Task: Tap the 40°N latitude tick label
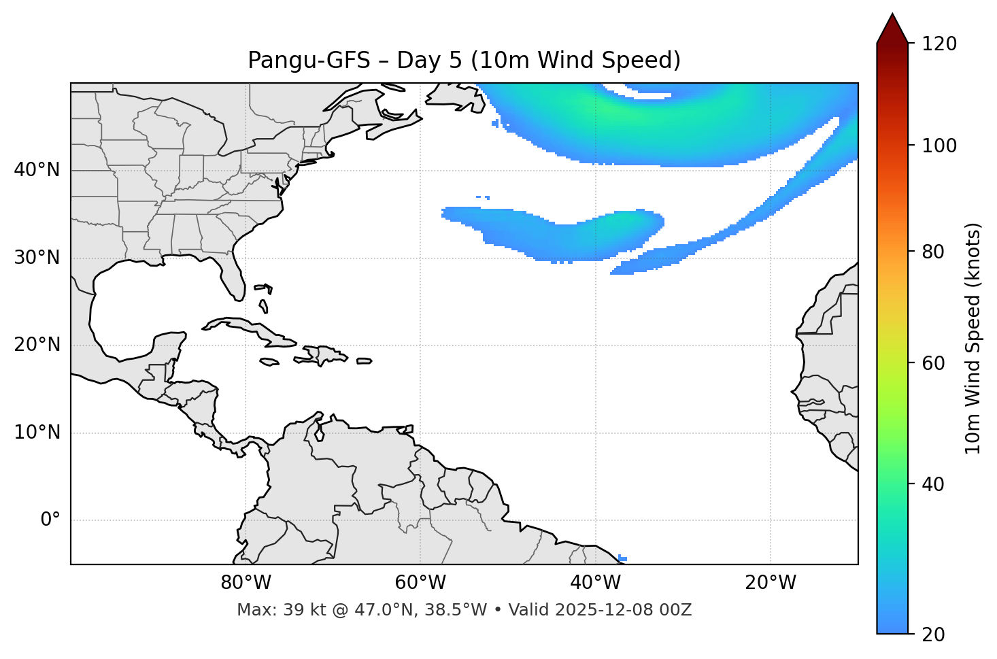[x=37, y=170]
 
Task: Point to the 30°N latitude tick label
[x=37, y=258]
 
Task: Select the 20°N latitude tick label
[x=37, y=345]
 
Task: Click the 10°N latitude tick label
[x=37, y=433]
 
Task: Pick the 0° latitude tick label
[x=50, y=520]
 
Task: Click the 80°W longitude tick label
[x=246, y=583]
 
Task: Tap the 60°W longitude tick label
[x=420, y=583]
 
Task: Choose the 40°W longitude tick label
[x=595, y=583]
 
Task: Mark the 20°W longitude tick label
[x=770, y=583]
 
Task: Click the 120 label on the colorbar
[x=939, y=44]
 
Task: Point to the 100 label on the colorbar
[x=939, y=146]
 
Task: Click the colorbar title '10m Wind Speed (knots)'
[x=973, y=338]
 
